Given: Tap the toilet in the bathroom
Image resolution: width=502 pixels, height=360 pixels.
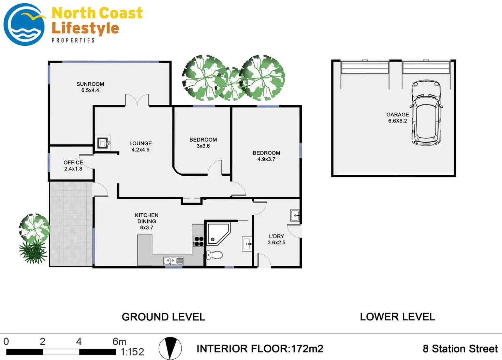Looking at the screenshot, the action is click(x=215, y=255).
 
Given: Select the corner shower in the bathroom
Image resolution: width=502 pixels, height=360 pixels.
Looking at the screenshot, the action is click(x=218, y=233).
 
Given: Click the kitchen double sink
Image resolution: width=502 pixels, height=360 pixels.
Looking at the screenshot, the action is click(x=173, y=261).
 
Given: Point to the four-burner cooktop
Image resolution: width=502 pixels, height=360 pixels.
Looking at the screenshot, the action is click(x=199, y=241).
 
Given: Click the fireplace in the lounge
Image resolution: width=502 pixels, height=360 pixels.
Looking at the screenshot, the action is click(x=103, y=143).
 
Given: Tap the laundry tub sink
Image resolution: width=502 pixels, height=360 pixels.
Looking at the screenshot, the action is click(x=295, y=215).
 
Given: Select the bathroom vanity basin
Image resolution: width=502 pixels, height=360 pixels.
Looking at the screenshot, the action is click(x=247, y=244).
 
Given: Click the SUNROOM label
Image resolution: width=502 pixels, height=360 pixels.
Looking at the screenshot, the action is click(x=90, y=84).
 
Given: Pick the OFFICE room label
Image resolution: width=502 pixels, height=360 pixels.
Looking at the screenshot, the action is click(x=73, y=162).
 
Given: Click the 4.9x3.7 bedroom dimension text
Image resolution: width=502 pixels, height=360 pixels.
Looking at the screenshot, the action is click(x=266, y=159).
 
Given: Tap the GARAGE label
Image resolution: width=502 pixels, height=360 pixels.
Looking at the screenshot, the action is click(x=398, y=115).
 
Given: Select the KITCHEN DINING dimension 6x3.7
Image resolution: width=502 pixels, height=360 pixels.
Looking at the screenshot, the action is click(x=147, y=228).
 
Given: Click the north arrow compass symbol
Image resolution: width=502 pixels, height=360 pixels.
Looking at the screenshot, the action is click(x=170, y=348).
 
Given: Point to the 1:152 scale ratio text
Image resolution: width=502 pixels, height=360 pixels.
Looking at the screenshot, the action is click(x=132, y=352).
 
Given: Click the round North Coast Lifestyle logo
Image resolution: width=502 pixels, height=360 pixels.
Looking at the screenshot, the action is click(x=24, y=25).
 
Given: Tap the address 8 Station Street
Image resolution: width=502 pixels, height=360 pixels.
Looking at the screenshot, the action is click(x=460, y=349).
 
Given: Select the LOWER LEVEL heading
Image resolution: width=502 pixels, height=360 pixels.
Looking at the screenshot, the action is click(x=397, y=317).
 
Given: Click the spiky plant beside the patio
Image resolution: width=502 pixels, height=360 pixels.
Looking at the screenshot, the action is click(x=33, y=253).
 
